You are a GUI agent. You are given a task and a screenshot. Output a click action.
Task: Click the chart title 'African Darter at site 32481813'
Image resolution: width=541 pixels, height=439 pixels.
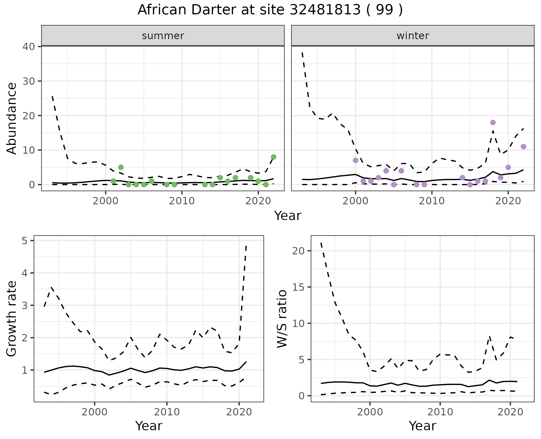click(270, 10)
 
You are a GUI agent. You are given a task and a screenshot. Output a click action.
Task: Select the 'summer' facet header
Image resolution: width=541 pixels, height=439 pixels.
click(163, 36)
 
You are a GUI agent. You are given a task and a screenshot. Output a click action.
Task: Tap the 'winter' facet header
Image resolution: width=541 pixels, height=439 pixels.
click(413, 36)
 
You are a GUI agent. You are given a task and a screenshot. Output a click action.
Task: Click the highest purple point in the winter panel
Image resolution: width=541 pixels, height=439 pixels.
click(493, 122)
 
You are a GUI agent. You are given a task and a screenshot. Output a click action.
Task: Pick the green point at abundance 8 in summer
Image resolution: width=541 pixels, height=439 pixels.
click(273, 157)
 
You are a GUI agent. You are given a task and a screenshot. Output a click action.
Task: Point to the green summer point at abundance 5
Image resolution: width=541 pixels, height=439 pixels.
click(121, 167)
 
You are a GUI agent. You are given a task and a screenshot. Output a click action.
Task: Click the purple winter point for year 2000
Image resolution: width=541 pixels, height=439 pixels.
click(356, 160)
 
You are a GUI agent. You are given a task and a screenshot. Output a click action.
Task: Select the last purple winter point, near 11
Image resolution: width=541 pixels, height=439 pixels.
click(524, 147)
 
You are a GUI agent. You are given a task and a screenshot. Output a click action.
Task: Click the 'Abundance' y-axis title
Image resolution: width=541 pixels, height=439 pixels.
click(12, 118)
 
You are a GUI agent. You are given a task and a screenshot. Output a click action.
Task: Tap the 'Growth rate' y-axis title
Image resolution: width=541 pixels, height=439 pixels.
click(12, 319)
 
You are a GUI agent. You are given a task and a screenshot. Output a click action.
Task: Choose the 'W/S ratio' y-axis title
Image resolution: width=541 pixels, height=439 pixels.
click(282, 319)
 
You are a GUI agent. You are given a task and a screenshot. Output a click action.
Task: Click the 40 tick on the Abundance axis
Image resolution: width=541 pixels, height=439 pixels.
click(28, 46)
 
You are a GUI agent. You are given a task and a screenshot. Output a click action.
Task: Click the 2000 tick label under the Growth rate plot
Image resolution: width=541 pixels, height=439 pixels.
click(95, 412)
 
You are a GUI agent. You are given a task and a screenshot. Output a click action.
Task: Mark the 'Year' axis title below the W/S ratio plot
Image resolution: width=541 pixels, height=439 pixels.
click(422, 426)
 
